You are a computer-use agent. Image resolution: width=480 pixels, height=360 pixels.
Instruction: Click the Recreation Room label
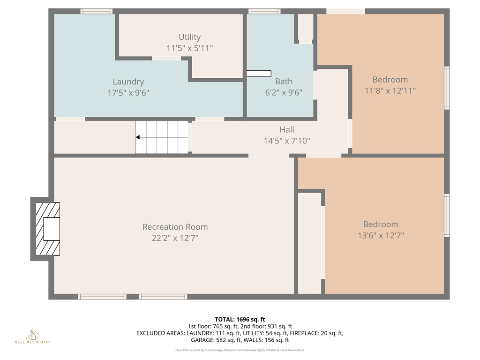click(x=175, y=227)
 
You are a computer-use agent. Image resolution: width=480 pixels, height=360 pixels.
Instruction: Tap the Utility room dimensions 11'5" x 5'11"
click(x=189, y=48)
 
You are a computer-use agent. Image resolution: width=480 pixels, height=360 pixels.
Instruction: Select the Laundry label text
click(x=128, y=82)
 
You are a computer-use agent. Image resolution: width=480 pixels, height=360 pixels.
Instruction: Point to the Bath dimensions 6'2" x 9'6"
click(x=284, y=93)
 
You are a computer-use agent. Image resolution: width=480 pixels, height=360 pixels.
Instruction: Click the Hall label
click(x=287, y=129)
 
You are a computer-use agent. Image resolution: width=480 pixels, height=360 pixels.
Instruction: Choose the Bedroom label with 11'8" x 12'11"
click(x=390, y=80)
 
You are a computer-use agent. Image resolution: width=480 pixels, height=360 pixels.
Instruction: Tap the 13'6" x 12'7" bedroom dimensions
click(x=381, y=236)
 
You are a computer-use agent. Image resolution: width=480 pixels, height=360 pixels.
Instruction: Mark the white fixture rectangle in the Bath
click(x=259, y=74)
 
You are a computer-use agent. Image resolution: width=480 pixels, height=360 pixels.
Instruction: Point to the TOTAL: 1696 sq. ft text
click(x=240, y=319)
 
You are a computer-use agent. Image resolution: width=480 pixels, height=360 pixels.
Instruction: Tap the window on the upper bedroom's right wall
click(x=447, y=88)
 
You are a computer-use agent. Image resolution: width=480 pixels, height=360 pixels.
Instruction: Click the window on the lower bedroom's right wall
click(x=447, y=216)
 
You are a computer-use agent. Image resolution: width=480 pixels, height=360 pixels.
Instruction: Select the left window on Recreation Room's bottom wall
click(x=102, y=297)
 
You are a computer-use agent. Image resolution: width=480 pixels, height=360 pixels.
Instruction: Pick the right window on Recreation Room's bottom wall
click(x=163, y=297)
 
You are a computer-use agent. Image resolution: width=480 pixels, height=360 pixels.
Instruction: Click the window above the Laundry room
click(x=96, y=11)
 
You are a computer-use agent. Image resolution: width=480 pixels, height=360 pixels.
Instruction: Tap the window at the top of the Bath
click(x=264, y=11)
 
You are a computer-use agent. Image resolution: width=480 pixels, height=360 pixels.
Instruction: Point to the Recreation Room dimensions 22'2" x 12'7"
click(x=175, y=238)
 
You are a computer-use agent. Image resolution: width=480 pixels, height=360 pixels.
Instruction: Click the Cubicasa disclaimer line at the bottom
click(x=240, y=350)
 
